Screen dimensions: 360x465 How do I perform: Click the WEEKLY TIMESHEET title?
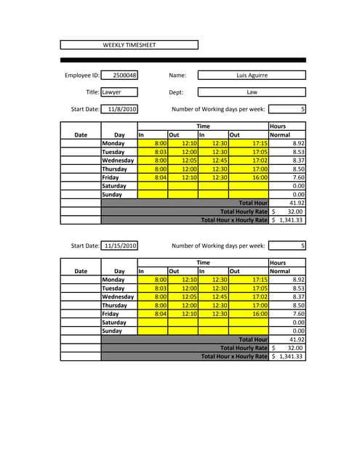point(129,45)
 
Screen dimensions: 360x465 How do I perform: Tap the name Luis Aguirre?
point(252,75)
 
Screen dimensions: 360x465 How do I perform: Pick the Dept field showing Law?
point(252,92)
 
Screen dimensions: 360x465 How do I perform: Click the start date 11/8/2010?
point(121,110)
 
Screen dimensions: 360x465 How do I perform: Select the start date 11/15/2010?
point(120,246)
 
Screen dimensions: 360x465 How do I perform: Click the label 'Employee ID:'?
point(81,75)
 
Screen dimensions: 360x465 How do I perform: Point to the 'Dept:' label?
point(176,92)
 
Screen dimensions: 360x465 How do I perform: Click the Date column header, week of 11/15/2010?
point(81,271)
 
